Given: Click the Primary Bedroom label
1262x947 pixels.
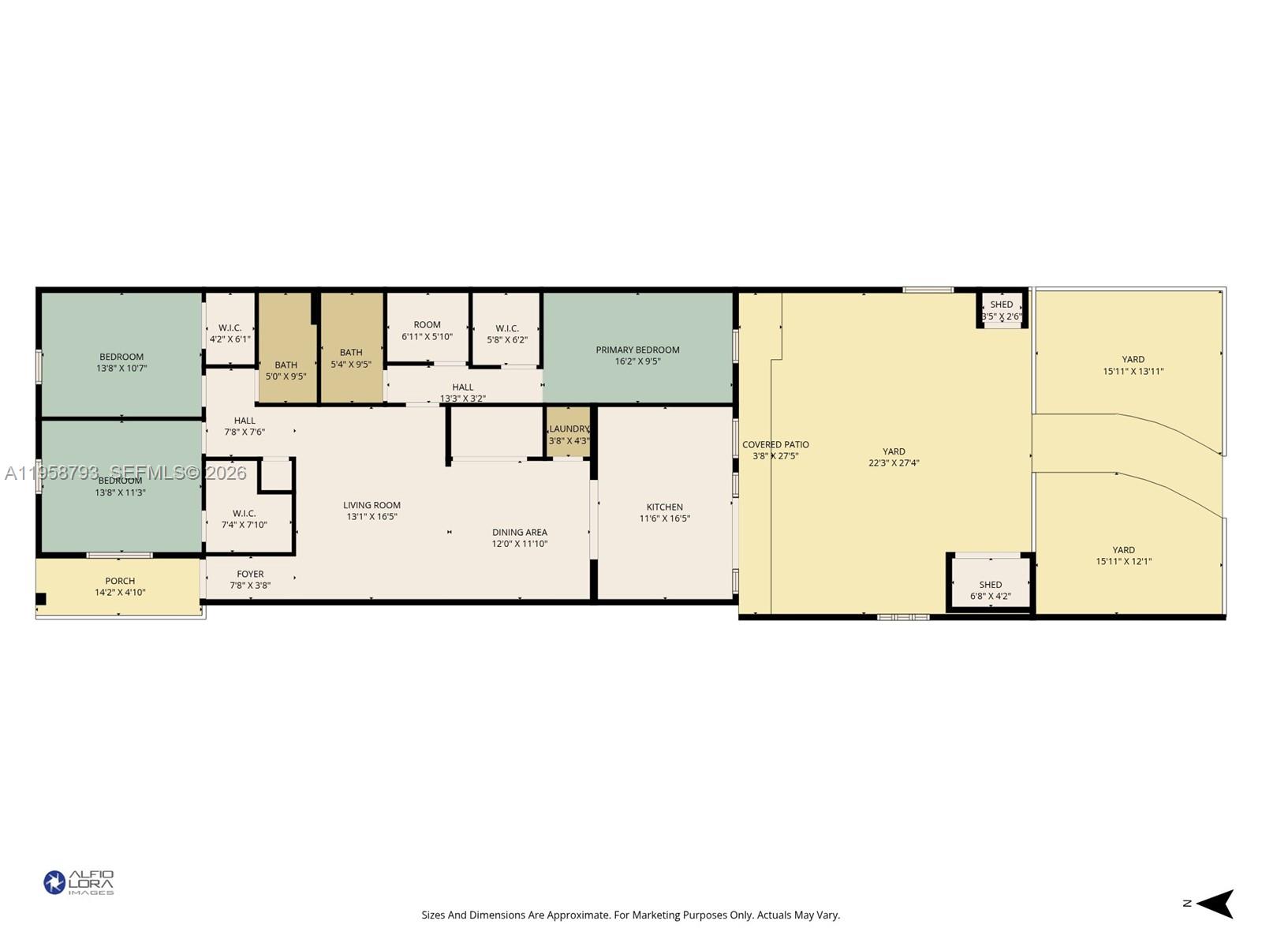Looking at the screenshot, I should pyautogui.click(x=637, y=350).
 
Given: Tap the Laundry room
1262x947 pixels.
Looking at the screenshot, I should pyautogui.click(x=569, y=434).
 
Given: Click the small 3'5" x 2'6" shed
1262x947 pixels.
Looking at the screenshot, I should pyautogui.click(x=1002, y=309).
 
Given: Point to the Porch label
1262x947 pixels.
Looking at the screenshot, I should pyautogui.click(x=120, y=581).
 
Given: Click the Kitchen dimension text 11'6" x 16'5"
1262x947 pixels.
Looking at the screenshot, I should pyautogui.click(x=665, y=518).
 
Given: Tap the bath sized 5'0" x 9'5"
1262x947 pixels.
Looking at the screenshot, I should pyautogui.click(x=286, y=370).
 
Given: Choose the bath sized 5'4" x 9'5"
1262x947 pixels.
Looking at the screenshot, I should pyautogui.click(x=351, y=358).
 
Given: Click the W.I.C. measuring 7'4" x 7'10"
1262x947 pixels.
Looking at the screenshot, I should pyautogui.click(x=244, y=518).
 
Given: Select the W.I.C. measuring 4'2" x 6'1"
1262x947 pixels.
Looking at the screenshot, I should pyautogui.click(x=230, y=333).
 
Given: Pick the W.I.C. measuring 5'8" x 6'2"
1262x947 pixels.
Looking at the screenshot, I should pyautogui.click(x=507, y=334).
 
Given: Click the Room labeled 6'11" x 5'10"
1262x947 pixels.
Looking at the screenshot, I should pyautogui.click(x=427, y=330).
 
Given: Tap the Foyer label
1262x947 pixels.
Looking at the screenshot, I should pyautogui.click(x=250, y=574).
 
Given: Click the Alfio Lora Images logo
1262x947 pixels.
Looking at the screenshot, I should pyautogui.click(x=79, y=882).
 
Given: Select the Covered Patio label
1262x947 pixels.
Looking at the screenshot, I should pyautogui.click(x=775, y=444).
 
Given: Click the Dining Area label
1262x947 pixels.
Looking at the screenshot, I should pyautogui.click(x=519, y=532).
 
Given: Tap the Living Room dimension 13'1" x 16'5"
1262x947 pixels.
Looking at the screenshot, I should pyautogui.click(x=372, y=517).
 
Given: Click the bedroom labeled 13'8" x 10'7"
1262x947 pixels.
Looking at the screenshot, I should pyautogui.click(x=121, y=362).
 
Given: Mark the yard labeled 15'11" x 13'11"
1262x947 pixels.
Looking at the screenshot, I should pyautogui.click(x=1133, y=365).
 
